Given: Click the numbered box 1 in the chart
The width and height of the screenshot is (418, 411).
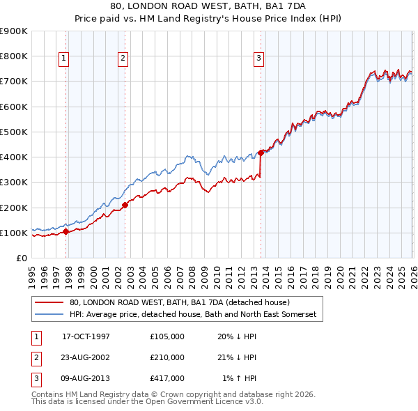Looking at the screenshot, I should click(x=63, y=59).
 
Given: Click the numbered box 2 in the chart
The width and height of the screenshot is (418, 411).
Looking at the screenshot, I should click(x=123, y=59).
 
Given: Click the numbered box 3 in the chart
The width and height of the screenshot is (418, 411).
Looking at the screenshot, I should click(x=258, y=59).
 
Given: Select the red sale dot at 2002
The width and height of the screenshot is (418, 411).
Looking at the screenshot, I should click(x=125, y=205).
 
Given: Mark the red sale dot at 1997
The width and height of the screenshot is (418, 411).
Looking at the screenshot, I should click(x=65, y=231).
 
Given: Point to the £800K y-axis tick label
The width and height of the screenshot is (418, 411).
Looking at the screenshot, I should click(x=14, y=56).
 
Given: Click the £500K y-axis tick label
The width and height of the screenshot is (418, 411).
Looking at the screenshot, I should click(x=14, y=132).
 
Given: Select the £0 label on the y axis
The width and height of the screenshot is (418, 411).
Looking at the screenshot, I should click(x=22, y=258).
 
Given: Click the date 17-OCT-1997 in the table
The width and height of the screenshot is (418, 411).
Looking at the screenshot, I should click(x=86, y=336).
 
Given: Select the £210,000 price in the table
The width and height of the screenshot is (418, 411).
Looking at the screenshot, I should click(x=167, y=357).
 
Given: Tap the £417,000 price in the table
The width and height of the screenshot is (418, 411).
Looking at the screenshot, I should click(x=167, y=378).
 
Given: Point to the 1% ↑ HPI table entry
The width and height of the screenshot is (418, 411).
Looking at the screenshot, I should click(x=239, y=378).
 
